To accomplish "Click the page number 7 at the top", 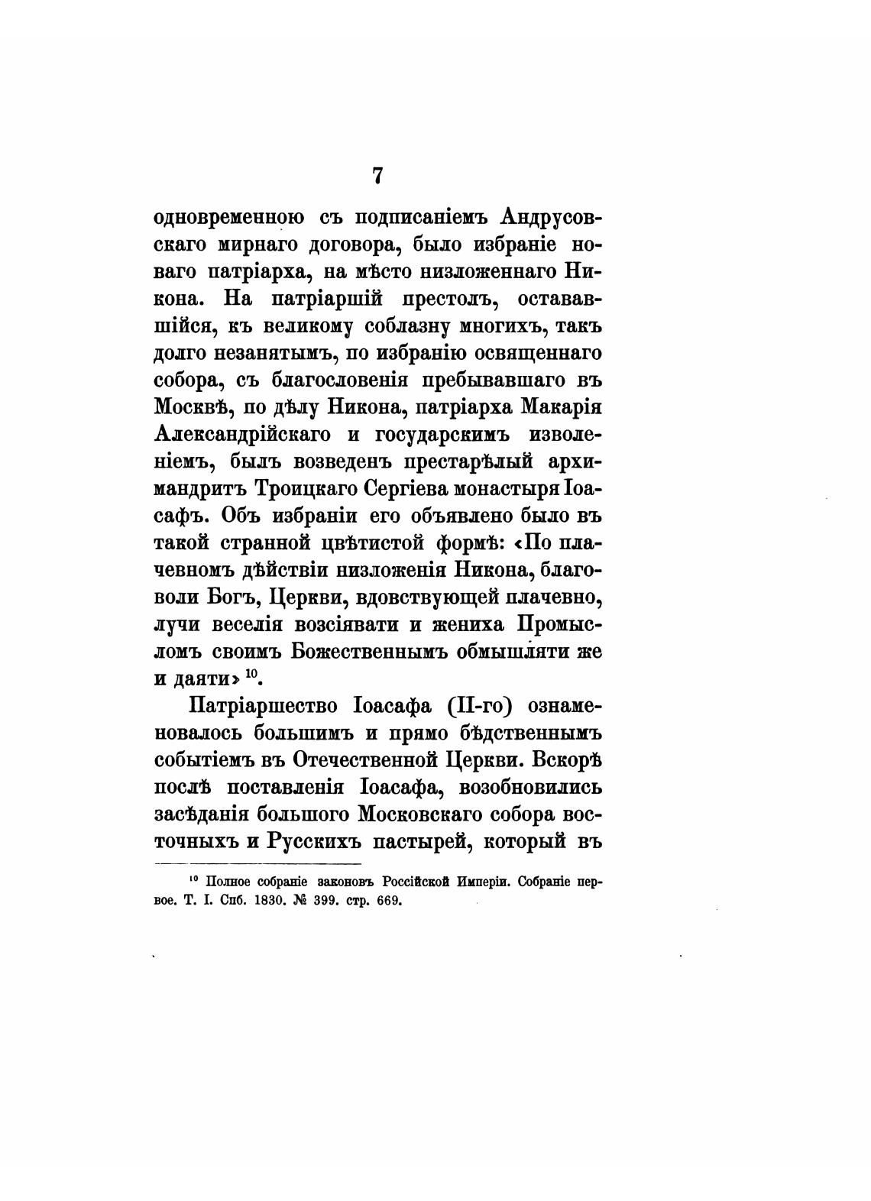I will click(x=377, y=176).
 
